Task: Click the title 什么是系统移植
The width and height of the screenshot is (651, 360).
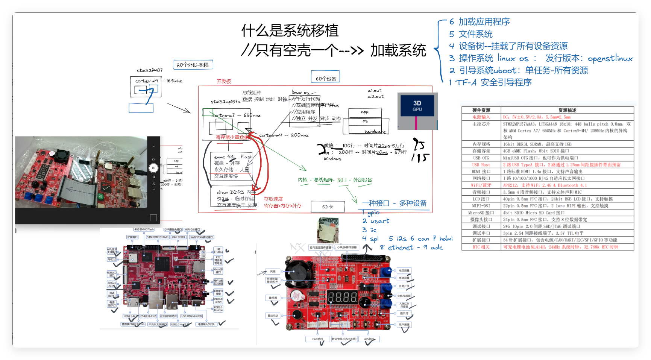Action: pyautogui.click(x=290, y=30)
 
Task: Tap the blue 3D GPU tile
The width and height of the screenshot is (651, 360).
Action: pyautogui.click(x=417, y=106)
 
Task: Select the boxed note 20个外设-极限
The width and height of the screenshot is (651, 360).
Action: pyautogui.click(x=193, y=65)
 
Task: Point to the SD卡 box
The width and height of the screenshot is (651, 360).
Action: pyautogui.click(x=328, y=207)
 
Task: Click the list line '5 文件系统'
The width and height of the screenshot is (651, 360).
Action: pyautogui.click(x=471, y=34)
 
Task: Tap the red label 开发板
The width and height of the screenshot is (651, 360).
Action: pyautogui.click(x=224, y=82)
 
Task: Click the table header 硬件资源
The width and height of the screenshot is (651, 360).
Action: pyautogui.click(x=481, y=110)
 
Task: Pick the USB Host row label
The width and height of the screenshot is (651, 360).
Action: pyautogui.click(x=481, y=165)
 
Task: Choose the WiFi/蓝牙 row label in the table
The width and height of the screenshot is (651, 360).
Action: pyautogui.click(x=481, y=185)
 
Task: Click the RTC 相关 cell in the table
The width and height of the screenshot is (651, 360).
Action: pyautogui.click(x=481, y=247)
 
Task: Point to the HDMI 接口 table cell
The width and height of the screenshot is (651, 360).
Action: pyautogui.click(x=481, y=172)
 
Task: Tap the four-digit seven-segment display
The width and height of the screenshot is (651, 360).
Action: pyautogui.click(x=342, y=297)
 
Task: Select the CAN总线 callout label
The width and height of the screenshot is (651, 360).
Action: pyautogui.click(x=317, y=339)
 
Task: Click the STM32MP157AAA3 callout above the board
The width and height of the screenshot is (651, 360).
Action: pyautogui.click(x=158, y=237)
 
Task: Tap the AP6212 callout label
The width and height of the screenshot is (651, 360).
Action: pyautogui.click(x=112, y=260)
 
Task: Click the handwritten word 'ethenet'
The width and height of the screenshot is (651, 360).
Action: pyautogui.click(x=401, y=248)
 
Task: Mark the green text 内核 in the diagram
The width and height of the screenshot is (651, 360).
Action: pyautogui.click(x=303, y=180)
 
